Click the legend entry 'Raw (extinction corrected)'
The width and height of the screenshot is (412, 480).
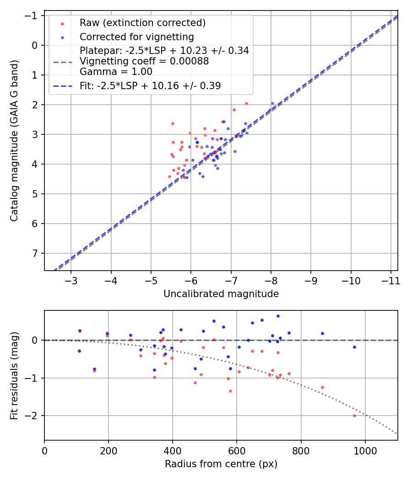click(142, 23)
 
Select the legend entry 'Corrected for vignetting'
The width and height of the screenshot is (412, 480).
click(136, 37)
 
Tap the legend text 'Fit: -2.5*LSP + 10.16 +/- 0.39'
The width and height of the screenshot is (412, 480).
click(150, 85)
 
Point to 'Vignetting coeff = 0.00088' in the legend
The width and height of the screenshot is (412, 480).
click(144, 61)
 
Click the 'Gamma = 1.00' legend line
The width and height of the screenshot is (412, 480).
click(116, 72)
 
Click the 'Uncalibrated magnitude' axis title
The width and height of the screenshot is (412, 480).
click(221, 294)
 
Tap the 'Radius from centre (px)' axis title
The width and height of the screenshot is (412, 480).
click(221, 464)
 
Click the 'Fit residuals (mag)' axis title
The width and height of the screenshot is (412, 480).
click(15, 375)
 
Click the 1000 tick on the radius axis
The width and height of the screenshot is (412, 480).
click(365, 450)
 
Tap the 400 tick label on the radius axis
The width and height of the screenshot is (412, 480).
click(173, 450)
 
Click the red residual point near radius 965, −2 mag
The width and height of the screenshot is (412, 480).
click(354, 416)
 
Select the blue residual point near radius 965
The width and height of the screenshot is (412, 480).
click(354, 347)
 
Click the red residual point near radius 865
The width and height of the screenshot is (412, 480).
click(322, 387)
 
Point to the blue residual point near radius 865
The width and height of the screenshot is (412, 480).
click(322, 333)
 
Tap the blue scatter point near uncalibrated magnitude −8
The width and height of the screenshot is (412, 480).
click(272, 103)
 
